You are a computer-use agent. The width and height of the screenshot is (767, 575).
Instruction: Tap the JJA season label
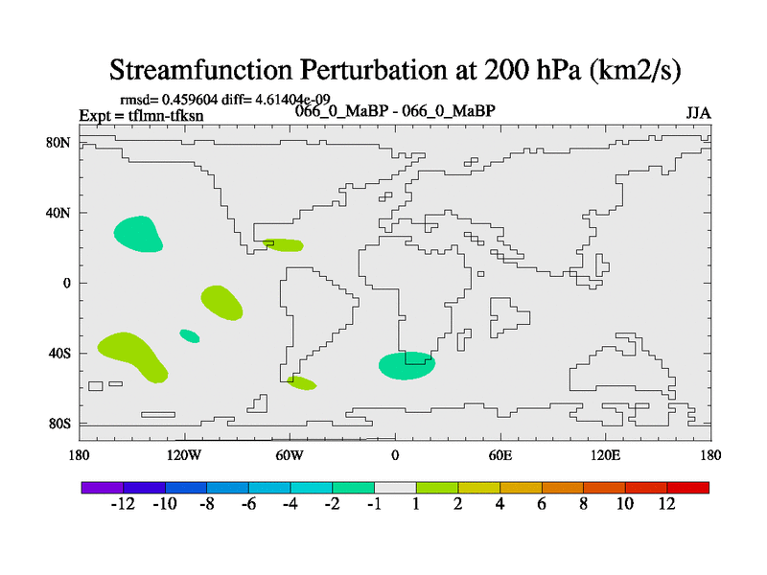click(x=698, y=113)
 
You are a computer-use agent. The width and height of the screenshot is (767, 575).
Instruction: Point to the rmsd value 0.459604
click(x=198, y=99)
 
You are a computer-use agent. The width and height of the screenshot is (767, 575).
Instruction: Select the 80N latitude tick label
click(x=60, y=143)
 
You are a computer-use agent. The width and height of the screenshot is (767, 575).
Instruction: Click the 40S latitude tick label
click(x=60, y=353)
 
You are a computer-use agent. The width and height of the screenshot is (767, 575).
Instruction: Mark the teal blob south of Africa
click(x=407, y=365)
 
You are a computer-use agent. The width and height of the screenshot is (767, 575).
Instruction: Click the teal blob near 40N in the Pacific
click(x=138, y=232)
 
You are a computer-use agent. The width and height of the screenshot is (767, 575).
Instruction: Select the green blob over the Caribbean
click(x=284, y=245)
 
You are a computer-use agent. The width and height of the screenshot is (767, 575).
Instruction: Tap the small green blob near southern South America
click(x=302, y=383)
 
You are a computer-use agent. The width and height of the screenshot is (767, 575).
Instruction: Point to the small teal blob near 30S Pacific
click(x=190, y=335)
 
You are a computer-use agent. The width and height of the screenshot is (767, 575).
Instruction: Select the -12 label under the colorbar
click(x=123, y=505)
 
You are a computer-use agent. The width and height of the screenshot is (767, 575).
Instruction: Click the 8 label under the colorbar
click(x=583, y=505)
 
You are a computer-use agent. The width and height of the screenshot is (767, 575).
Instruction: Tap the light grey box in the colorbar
click(x=395, y=488)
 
